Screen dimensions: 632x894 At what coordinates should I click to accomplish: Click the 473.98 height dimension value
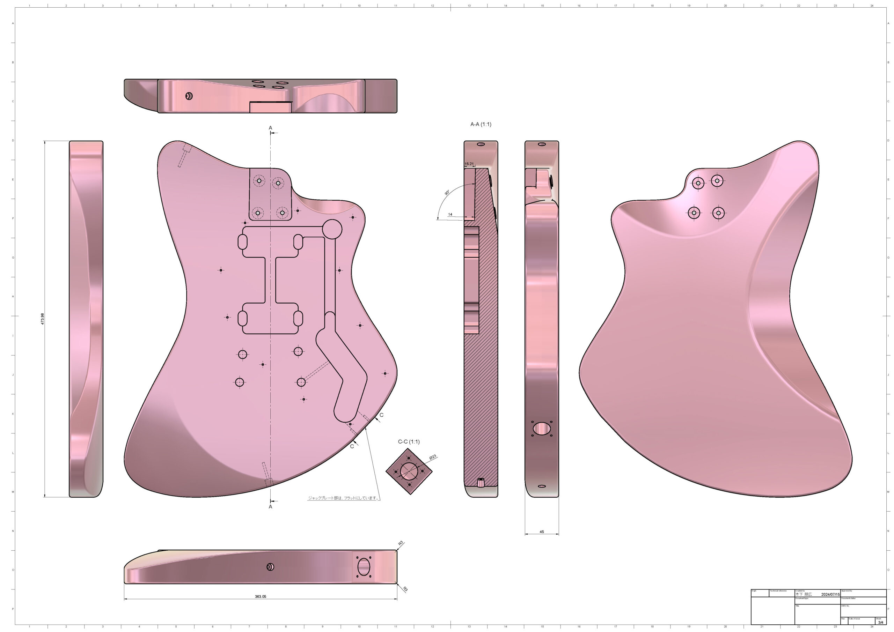(x=43, y=319)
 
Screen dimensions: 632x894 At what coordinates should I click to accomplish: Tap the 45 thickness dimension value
(x=542, y=531)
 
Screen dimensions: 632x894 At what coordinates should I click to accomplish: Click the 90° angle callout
(x=447, y=193)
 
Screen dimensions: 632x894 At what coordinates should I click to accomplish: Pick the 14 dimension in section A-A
(x=450, y=214)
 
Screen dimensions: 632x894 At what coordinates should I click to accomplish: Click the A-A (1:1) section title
(x=481, y=124)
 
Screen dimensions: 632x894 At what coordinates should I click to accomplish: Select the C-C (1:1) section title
(x=409, y=442)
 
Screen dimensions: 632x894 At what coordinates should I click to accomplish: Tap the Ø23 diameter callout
(x=433, y=457)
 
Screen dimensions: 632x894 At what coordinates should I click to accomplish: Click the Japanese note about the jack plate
(x=343, y=498)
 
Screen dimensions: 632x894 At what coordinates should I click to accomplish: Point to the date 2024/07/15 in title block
(x=830, y=594)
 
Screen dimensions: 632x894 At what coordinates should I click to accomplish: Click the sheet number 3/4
(x=881, y=622)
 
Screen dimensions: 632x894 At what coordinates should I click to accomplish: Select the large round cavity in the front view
(x=332, y=229)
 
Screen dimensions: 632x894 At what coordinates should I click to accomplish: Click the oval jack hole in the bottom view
(x=363, y=567)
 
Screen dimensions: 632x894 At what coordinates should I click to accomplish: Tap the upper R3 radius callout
(x=401, y=543)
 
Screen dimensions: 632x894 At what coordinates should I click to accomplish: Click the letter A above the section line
(x=270, y=128)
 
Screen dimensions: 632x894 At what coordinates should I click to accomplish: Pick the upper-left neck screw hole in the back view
(x=698, y=183)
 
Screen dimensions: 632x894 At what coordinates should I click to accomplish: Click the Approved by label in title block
(x=847, y=591)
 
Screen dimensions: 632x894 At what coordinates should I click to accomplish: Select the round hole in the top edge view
(x=189, y=96)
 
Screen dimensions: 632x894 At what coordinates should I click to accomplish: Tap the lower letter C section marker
(x=352, y=446)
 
